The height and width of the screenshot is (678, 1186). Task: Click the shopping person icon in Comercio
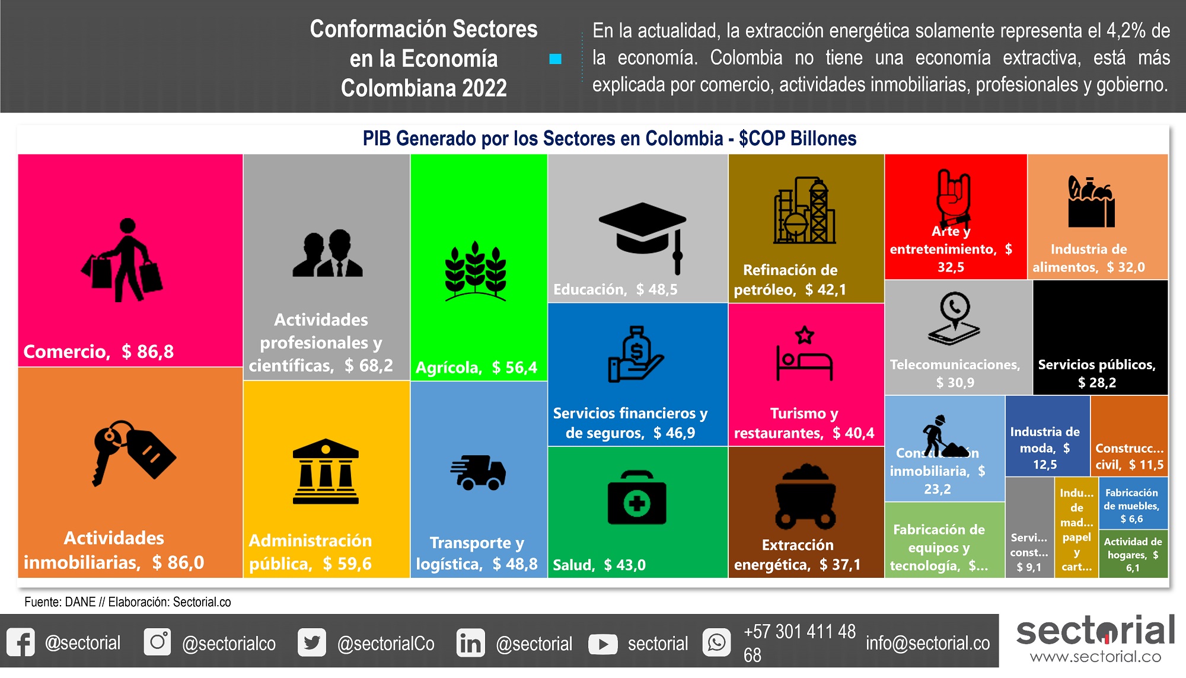(x=123, y=260)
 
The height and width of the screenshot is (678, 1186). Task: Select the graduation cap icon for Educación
(x=643, y=235)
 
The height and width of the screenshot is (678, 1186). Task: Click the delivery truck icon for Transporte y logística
(x=478, y=472)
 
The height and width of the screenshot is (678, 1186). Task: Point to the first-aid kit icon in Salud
(x=637, y=498)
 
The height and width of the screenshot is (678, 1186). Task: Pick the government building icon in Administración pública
(x=326, y=472)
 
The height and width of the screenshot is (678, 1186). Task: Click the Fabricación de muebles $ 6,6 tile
(x=1133, y=504)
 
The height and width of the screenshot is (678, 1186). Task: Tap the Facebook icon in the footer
(x=21, y=642)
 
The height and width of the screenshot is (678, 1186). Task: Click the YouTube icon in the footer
(x=602, y=644)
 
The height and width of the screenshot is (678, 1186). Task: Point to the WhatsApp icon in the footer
(x=716, y=642)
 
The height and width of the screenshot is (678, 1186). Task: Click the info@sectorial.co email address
(x=927, y=643)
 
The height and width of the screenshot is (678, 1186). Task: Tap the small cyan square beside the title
(x=555, y=59)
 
